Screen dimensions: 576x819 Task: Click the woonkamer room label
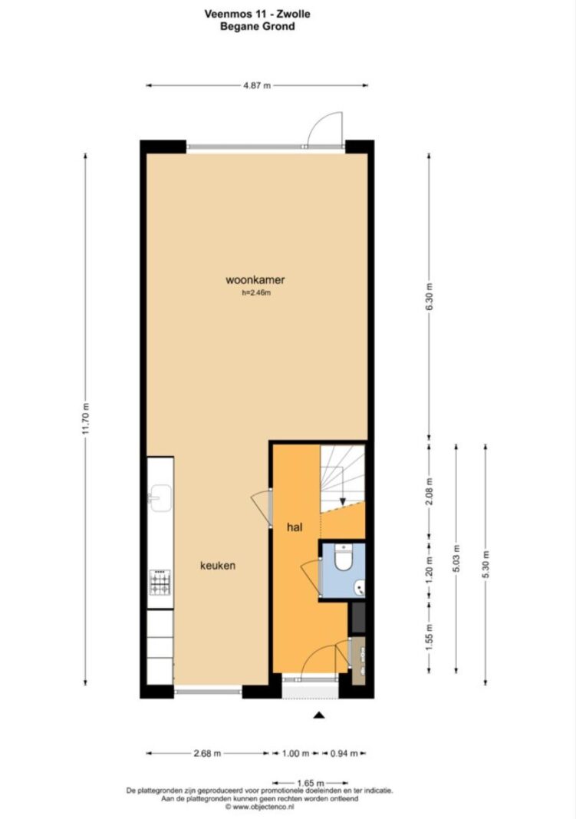[x=255, y=279]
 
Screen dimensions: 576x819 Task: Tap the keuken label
[x=218, y=565]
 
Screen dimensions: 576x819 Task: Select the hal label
[x=295, y=527]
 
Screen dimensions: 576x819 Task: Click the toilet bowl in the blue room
[x=344, y=558]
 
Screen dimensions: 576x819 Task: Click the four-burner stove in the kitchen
[x=160, y=583]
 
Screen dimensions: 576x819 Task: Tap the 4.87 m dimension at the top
[x=257, y=85]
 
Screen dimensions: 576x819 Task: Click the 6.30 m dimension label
[x=430, y=297]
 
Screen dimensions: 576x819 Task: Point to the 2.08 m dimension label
[x=430, y=491]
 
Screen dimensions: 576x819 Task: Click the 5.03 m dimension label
[x=456, y=558]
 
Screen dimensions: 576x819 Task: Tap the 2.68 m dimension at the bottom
[x=207, y=753]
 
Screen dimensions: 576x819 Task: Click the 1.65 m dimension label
[x=311, y=783]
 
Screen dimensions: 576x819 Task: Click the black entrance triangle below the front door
[x=319, y=715]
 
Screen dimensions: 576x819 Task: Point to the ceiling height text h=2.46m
[x=256, y=293]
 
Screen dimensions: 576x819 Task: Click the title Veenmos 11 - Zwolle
[x=257, y=14]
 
